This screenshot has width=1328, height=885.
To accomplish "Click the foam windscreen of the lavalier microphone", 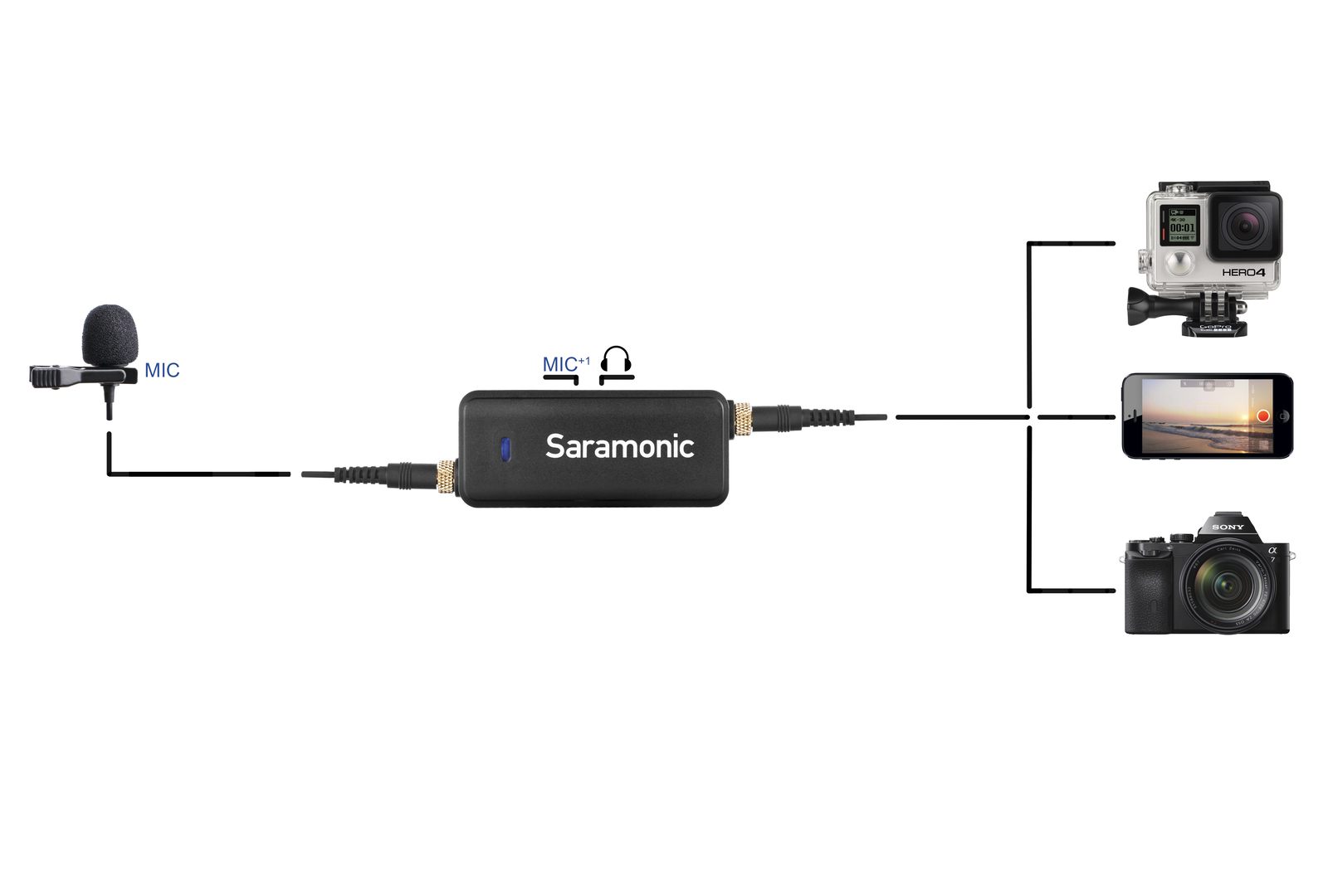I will (x=110, y=335).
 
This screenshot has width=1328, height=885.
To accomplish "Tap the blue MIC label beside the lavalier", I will (x=162, y=371).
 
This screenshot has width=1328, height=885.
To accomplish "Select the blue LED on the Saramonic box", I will (x=504, y=450).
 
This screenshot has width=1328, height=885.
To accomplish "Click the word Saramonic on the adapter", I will (x=619, y=447).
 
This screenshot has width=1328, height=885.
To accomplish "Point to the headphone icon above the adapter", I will (x=616, y=360).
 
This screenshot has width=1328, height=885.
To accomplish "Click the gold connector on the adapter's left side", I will (x=447, y=476).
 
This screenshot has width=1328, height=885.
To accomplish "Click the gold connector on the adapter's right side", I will (x=741, y=418).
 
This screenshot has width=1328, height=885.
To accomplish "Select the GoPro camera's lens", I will (x=1244, y=226).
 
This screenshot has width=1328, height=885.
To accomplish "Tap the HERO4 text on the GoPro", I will (x=1243, y=272).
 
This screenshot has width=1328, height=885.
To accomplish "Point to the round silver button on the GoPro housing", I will (x=1177, y=265).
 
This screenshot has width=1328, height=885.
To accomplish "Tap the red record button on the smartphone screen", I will (x=1262, y=416).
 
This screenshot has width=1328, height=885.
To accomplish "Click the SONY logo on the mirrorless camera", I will (x=1228, y=527).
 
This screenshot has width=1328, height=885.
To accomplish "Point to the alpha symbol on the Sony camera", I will (x=1272, y=550).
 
